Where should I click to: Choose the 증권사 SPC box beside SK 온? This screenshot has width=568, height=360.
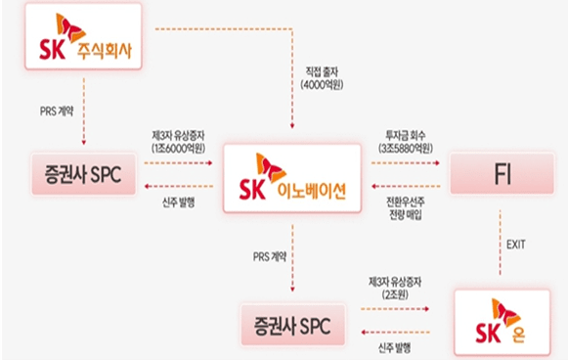pos(294,325)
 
